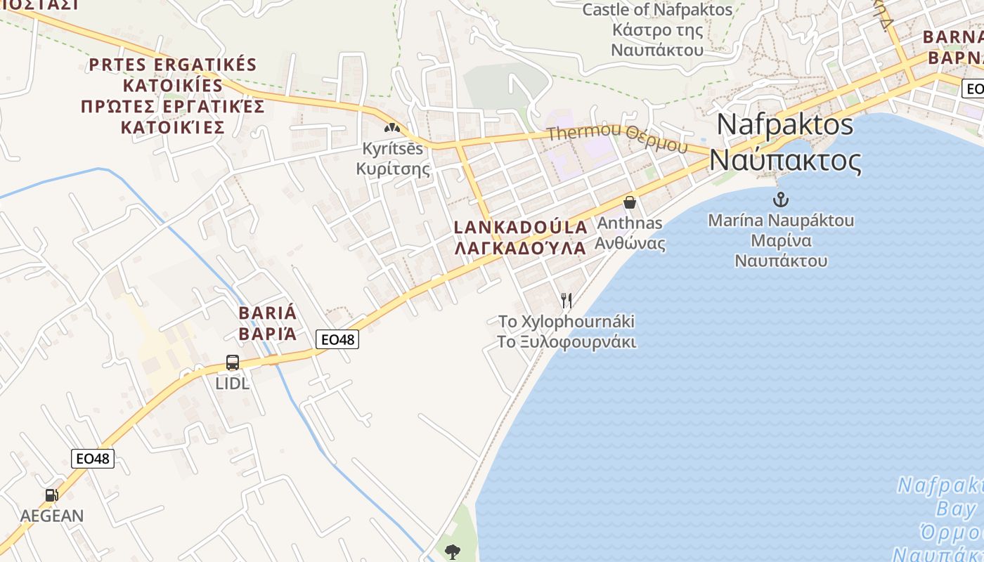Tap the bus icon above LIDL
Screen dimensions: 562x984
(233, 362)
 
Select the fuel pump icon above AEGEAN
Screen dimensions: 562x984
(51, 495)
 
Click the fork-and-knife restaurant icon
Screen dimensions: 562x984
(567, 301)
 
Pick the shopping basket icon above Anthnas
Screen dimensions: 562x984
(630, 202)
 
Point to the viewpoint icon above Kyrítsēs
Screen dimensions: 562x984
(391, 128)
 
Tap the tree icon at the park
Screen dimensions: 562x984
(453, 551)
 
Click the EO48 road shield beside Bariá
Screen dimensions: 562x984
(337, 339)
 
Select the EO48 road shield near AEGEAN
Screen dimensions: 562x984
(93, 459)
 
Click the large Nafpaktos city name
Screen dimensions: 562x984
(785, 125)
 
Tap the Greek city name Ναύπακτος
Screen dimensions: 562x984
(785, 160)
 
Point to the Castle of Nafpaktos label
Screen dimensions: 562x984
(657, 10)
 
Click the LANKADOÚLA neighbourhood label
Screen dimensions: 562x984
(521, 228)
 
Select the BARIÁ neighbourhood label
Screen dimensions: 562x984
(268, 313)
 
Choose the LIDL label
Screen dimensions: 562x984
(233, 384)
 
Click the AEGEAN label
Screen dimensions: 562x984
(51, 516)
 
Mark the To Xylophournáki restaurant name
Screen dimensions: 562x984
(567, 322)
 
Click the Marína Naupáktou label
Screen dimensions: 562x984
(781, 221)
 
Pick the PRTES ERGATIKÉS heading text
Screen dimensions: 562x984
(173, 65)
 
